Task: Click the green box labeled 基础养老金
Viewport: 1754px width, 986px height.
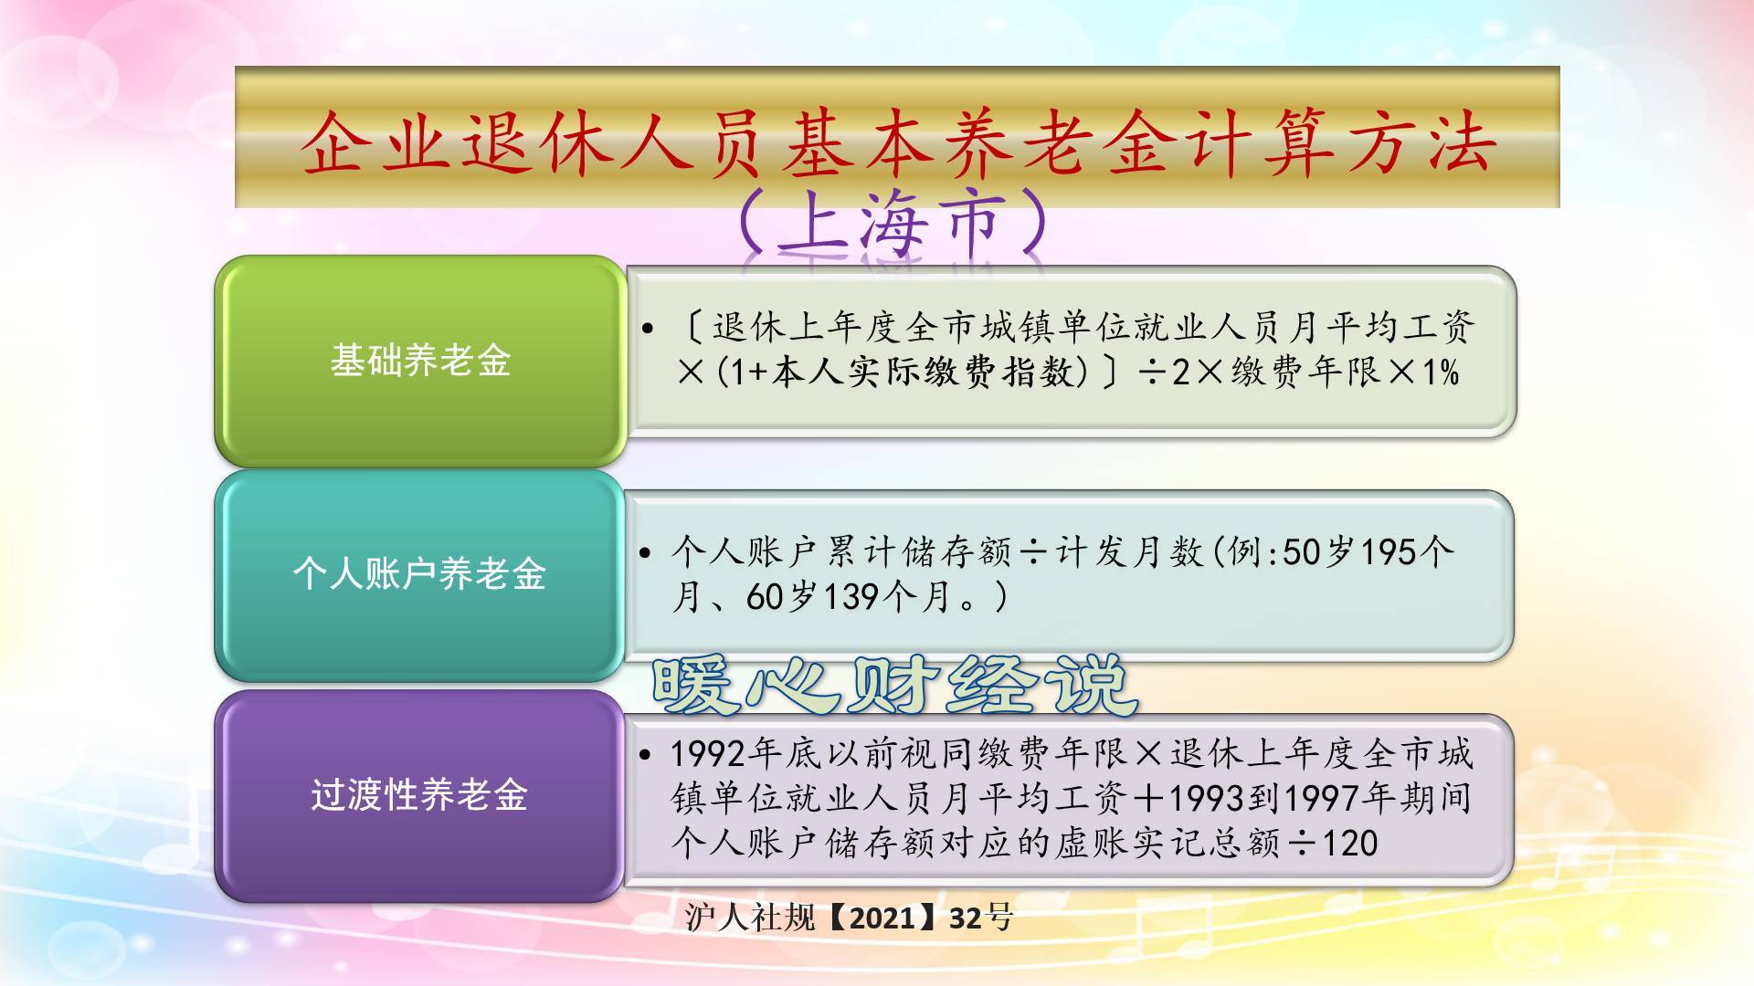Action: click(x=420, y=361)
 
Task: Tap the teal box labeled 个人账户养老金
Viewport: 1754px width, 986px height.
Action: click(x=420, y=574)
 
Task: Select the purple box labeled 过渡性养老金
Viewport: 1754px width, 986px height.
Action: click(x=420, y=795)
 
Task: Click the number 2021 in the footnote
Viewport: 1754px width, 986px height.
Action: click(x=882, y=918)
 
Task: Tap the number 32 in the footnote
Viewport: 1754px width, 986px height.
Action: click(x=966, y=918)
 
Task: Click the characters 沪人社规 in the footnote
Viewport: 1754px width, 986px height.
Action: click(x=750, y=918)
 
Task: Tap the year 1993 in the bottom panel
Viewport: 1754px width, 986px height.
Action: click(x=1206, y=799)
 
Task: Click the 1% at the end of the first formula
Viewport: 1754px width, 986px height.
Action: click(x=1441, y=372)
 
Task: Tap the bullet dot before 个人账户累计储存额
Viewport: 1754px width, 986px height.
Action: click(x=646, y=552)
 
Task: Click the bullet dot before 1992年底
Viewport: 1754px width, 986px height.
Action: click(x=646, y=754)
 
